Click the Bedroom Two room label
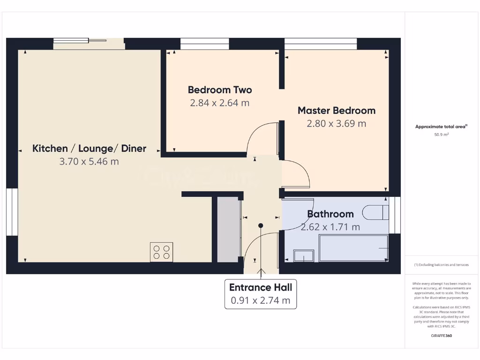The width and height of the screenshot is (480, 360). (x=219, y=90)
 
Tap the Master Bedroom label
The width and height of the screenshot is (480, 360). (x=337, y=111)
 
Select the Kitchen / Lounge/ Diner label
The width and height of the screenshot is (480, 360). (x=89, y=149)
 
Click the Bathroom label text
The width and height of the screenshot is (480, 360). (x=330, y=214)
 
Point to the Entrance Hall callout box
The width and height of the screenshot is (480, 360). (x=261, y=294)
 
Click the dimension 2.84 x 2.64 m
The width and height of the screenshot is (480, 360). (x=219, y=103)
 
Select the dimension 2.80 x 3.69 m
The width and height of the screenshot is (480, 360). (x=337, y=124)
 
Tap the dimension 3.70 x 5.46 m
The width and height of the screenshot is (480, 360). (x=89, y=162)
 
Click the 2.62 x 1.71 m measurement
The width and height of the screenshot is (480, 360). (x=330, y=227)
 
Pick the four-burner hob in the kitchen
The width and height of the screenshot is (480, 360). (x=162, y=252)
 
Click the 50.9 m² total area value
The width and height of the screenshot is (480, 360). (x=442, y=135)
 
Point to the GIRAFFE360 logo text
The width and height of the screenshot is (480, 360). (x=442, y=336)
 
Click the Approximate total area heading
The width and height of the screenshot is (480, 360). (x=441, y=127)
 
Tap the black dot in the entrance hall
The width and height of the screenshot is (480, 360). (x=261, y=225)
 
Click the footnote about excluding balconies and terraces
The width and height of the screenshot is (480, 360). (x=442, y=265)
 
